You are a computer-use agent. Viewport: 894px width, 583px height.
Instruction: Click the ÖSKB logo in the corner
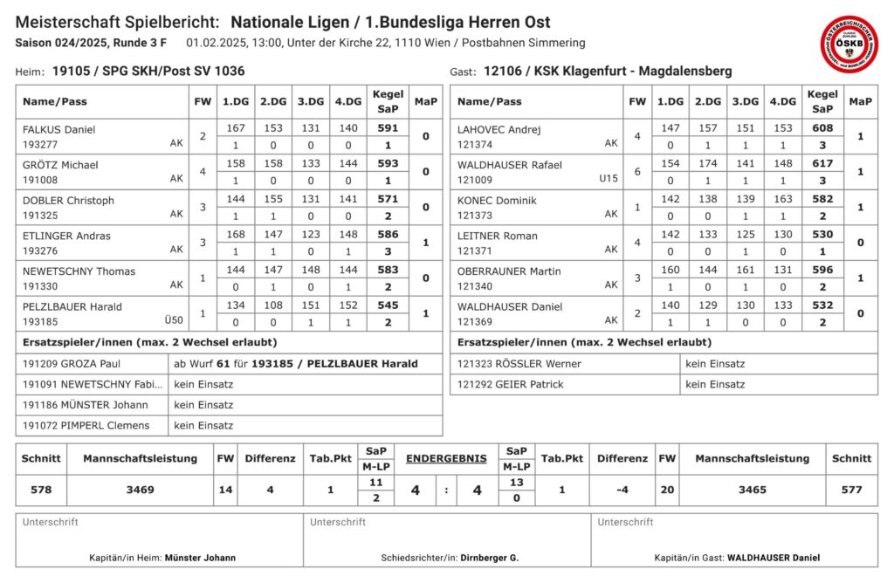click(x=849, y=44)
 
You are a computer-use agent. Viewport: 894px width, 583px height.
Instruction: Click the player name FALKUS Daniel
click(x=58, y=129)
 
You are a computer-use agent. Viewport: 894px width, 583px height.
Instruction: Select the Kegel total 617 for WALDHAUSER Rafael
click(x=822, y=164)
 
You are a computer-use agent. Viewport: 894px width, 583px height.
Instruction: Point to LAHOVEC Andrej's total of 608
click(x=822, y=128)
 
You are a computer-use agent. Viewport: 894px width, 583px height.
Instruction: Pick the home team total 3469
click(x=140, y=490)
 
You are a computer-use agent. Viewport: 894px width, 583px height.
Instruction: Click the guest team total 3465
click(x=752, y=490)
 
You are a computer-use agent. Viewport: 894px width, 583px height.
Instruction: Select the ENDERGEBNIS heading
click(x=445, y=457)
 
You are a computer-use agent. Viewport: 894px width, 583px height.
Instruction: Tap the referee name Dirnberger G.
click(x=491, y=557)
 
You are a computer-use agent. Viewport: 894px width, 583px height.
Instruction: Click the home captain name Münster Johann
click(x=200, y=557)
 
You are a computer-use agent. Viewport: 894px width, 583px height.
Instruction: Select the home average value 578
click(x=41, y=490)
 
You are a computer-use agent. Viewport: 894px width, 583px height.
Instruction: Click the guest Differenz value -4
click(x=622, y=490)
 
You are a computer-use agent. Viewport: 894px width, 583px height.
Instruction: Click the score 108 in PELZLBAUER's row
click(x=273, y=306)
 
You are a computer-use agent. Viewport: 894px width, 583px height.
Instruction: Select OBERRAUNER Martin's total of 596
click(x=822, y=271)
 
